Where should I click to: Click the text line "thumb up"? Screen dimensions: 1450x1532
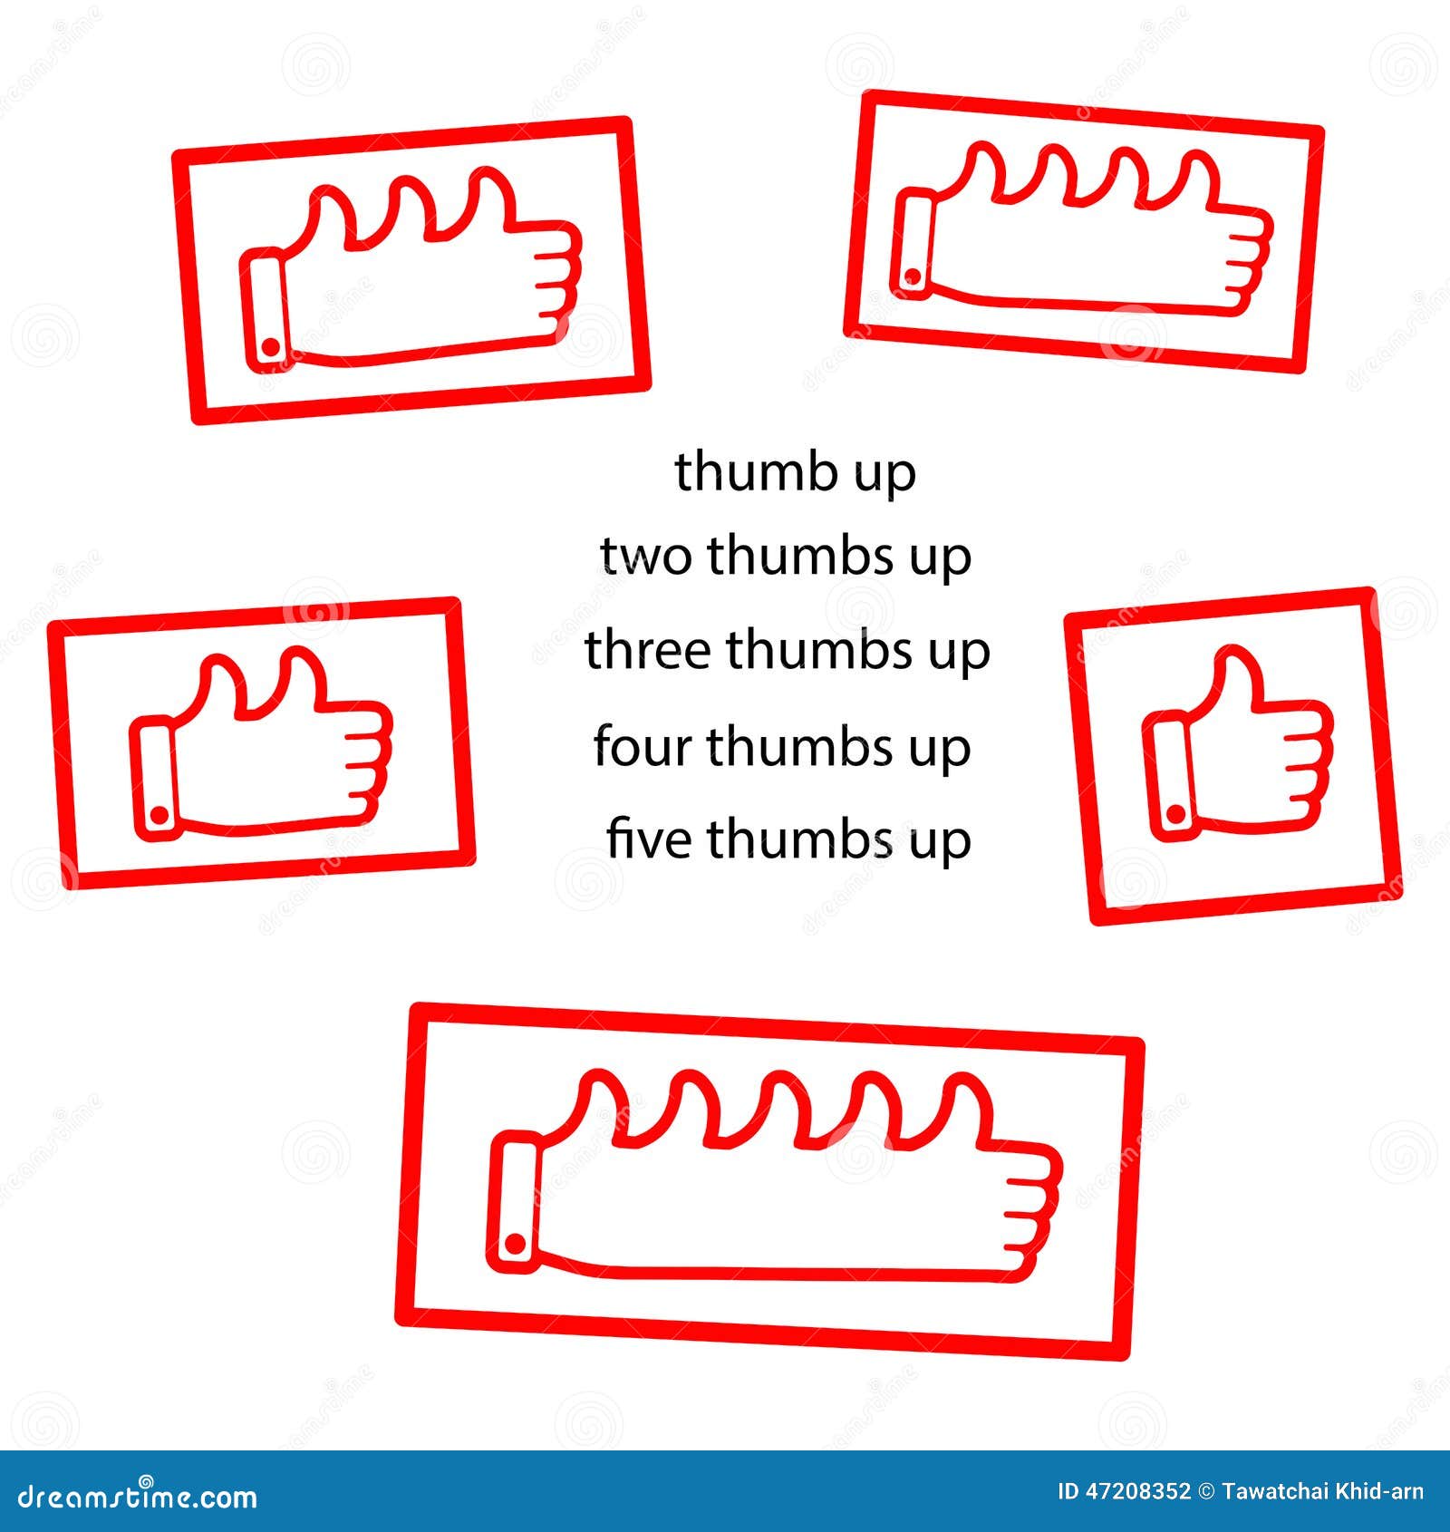pyautogui.click(x=796, y=472)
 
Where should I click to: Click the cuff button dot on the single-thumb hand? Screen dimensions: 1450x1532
pyautogui.click(x=1175, y=815)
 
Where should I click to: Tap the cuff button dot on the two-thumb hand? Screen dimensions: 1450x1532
pyautogui.click(x=159, y=815)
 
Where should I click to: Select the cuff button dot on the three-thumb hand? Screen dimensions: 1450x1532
pyautogui.click(x=270, y=346)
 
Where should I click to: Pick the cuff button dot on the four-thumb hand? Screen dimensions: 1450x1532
pyautogui.click(x=913, y=276)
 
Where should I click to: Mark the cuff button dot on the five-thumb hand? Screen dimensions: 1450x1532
pyautogui.click(x=514, y=1243)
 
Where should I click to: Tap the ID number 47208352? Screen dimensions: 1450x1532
pyautogui.click(x=1124, y=1491)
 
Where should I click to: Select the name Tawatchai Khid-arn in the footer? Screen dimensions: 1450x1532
pyautogui.click(x=1322, y=1491)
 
